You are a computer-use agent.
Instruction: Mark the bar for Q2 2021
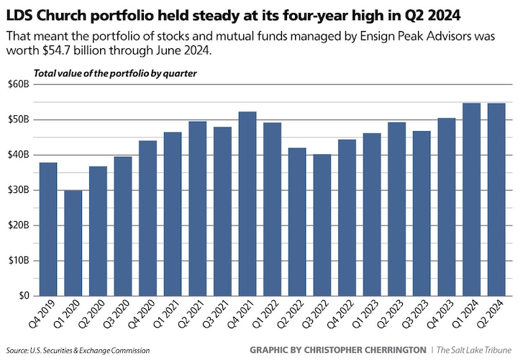coord(197,209)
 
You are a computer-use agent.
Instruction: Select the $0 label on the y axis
coord(23,296)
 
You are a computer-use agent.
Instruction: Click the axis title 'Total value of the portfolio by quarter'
coord(115,73)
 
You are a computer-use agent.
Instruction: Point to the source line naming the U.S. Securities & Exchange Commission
coord(78,351)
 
